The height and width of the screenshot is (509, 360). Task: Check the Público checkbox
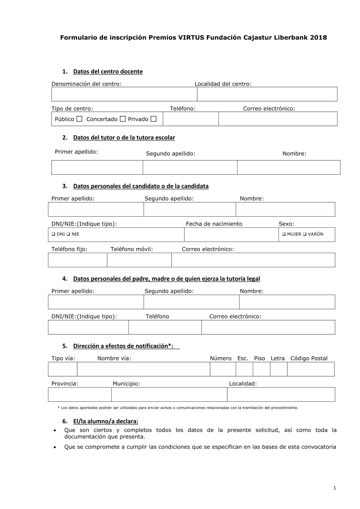pos(79,119)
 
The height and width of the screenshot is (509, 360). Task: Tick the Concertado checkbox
pos(122,119)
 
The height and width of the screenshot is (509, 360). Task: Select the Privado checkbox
pos(153,119)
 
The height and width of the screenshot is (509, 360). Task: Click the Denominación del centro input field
pos(124,94)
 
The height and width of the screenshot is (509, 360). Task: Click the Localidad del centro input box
pos(267,94)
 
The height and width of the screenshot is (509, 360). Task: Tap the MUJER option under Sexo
pos(284,234)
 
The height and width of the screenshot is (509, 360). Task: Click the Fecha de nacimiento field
pos(231,235)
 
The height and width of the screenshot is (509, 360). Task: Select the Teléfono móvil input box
pos(139,260)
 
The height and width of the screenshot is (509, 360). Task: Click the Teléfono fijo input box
pos(77,260)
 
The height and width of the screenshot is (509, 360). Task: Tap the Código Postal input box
pos(311,369)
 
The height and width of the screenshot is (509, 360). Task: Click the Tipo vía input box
pos(63,369)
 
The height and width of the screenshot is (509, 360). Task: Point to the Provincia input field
pos(80,395)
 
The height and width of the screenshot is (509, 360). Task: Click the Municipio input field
pos(169,395)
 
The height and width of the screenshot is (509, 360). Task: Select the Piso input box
pos(261,369)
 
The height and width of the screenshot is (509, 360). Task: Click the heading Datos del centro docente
pos(108,72)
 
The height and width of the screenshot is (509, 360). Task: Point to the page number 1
pos(334,488)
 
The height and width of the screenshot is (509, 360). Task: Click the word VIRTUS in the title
pos(191,37)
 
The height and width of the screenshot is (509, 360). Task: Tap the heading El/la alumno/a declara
pos(105,421)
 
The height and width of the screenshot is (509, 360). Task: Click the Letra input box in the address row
pos(279,369)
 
